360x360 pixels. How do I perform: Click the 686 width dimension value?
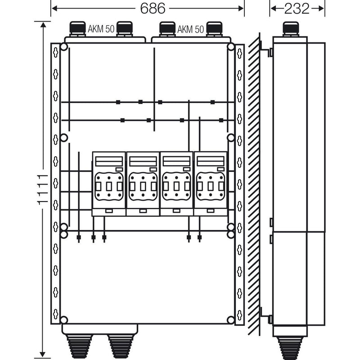tap(153, 9)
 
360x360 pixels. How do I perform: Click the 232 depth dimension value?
tap(297, 9)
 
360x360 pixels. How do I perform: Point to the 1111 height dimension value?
tap(42, 189)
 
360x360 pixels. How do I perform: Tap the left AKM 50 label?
tap(101, 29)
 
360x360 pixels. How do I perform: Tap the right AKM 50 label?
tap(190, 29)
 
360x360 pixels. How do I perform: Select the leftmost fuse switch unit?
tap(109, 184)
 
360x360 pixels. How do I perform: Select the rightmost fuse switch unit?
tap(211, 184)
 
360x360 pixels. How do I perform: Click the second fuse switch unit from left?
tap(143, 184)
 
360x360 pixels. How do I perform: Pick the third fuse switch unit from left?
tap(176, 184)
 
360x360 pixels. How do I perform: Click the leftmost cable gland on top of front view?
tap(77, 29)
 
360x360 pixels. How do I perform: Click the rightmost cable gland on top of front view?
tap(214, 29)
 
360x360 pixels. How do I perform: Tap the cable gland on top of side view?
tap(291, 29)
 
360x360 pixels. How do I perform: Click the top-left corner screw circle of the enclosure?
tap(64, 47)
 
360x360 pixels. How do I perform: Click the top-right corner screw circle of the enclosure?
tap(231, 47)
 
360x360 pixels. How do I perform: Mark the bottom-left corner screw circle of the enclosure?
tap(64, 320)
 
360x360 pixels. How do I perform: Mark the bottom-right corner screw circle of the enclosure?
tap(231, 320)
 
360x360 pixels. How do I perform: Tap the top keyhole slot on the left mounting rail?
tap(55, 53)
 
